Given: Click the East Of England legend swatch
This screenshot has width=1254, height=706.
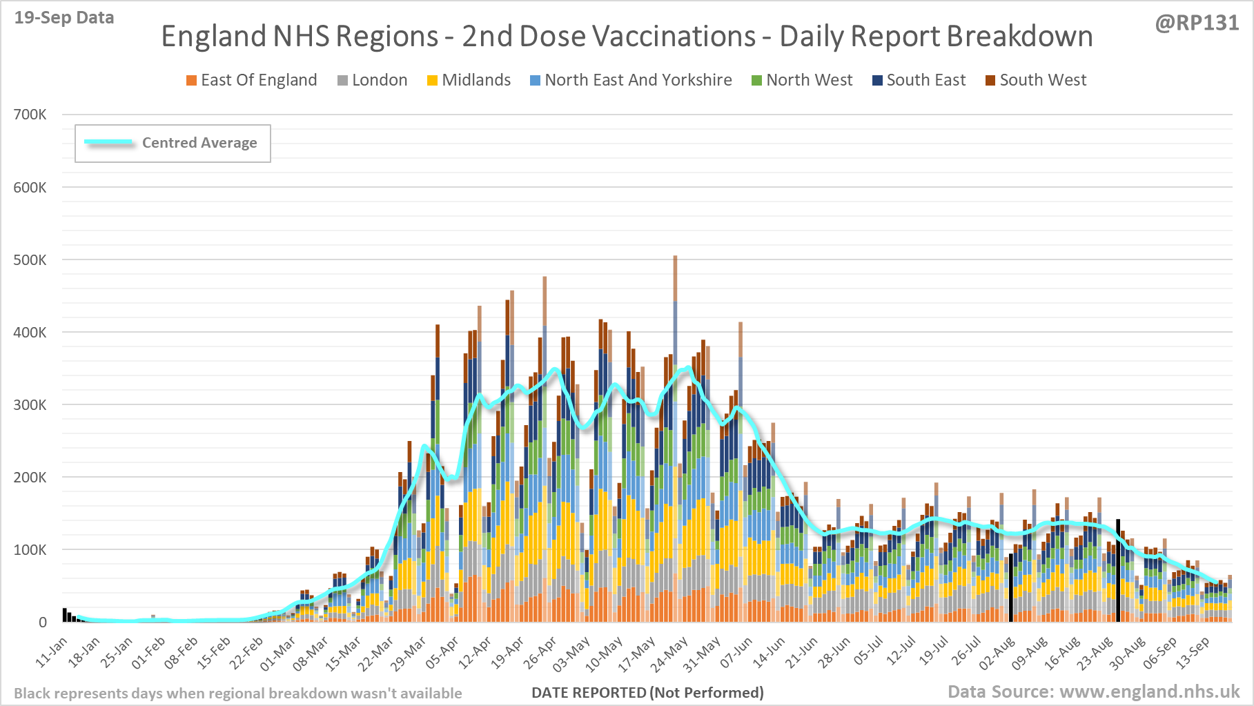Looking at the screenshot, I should point(191,81).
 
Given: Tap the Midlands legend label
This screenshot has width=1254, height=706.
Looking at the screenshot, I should point(476,80).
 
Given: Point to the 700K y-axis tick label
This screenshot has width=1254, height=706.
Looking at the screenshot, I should point(30,115).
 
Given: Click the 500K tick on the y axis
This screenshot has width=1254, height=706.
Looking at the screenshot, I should point(30,260).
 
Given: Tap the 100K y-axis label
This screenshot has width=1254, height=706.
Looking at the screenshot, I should point(30,550).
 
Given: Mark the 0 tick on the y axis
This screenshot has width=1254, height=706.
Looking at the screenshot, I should point(43,622).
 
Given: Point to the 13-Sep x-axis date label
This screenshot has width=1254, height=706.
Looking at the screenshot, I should point(1194,653).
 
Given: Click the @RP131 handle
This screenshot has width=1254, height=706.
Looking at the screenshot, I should point(1197,23).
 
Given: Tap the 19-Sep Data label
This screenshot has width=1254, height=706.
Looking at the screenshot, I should point(64,18).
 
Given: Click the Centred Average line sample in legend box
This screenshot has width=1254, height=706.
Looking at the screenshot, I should point(109,142).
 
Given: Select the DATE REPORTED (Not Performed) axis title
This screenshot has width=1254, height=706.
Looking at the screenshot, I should point(647,692).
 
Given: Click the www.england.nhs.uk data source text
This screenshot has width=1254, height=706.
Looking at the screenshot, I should point(1149,692).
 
